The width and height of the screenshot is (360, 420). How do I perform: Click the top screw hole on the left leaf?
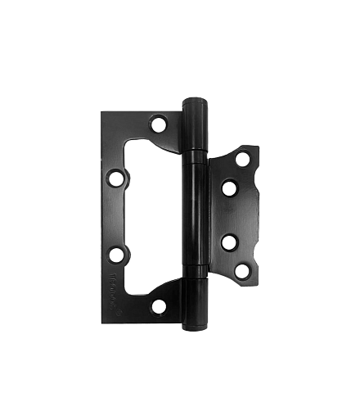coord(158,124)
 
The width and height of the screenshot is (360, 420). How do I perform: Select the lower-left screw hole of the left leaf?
coord(116,255)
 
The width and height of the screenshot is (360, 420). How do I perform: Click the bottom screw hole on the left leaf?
coord(159,306)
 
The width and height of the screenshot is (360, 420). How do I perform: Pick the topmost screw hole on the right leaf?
coord(243,160)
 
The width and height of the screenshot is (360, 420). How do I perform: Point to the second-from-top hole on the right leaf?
coord(229,188)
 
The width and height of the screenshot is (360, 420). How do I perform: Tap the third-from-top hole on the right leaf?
coord(229,242)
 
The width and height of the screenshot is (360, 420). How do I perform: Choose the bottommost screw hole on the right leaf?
coord(243,270)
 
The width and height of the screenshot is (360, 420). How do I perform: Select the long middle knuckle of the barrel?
coord(196,215)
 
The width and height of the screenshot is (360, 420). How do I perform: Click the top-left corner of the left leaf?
coord(103,113)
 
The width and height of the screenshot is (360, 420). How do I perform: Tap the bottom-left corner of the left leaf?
coord(103,316)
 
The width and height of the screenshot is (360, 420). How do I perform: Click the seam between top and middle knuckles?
coord(196,152)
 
